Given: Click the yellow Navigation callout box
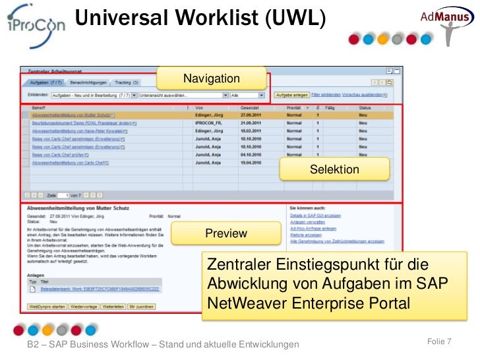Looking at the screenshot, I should pyautogui.click(x=212, y=78).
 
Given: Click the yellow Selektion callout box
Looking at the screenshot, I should pyautogui.click(x=334, y=169).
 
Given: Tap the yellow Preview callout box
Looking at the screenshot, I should pyautogui.click(x=226, y=233).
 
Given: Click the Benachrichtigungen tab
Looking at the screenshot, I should pyautogui.click(x=88, y=83).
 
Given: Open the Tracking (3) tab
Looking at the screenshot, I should pyautogui.click(x=127, y=83).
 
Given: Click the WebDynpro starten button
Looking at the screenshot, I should pyautogui.click(x=47, y=307).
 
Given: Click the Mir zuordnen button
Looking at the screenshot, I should pyautogui.click(x=142, y=307).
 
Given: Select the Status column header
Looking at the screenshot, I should pyautogui.click(x=365, y=107).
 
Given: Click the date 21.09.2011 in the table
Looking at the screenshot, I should pyautogui.click(x=251, y=123).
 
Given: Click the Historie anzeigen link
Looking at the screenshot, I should pyautogui.click(x=306, y=235).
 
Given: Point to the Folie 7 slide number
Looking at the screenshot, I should pyautogui.click(x=439, y=341).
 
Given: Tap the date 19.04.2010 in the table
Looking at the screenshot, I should pyautogui.click(x=251, y=162).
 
